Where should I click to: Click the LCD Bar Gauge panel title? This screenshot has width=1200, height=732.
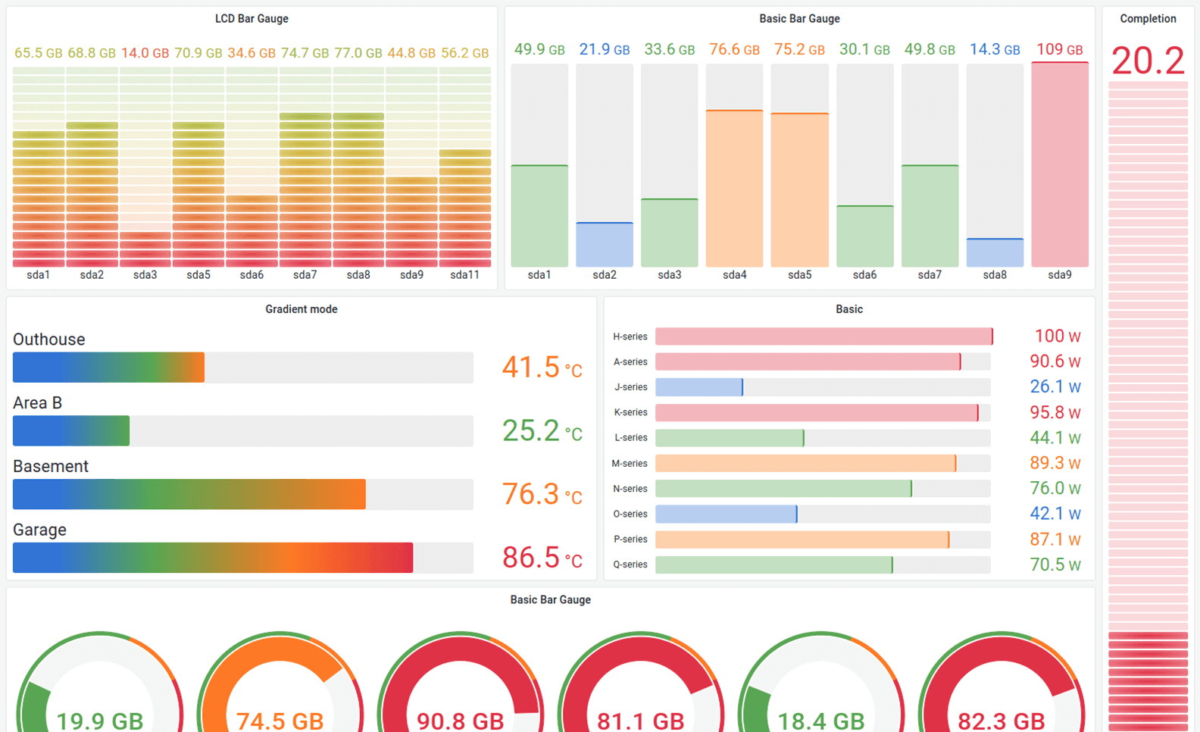(252, 19)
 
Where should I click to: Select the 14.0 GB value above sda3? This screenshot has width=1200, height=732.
(145, 53)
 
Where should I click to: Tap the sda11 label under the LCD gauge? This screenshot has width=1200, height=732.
(464, 275)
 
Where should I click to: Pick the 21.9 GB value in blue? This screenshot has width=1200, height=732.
(604, 50)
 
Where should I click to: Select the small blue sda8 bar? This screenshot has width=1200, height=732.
(995, 253)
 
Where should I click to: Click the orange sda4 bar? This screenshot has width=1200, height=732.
(734, 189)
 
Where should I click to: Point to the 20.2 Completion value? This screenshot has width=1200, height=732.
(1147, 61)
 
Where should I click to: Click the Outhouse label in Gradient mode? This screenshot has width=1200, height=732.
(49, 339)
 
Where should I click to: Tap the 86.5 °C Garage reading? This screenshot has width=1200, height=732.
(542, 558)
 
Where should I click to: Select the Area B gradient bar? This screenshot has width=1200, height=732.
(71, 431)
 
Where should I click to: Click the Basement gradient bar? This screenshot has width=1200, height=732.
(189, 494)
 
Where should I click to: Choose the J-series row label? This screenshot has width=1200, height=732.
(630, 387)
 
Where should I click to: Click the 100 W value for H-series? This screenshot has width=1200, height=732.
(1057, 336)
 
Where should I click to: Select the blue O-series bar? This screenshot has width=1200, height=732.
(726, 514)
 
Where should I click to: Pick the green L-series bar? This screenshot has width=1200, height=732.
(729, 438)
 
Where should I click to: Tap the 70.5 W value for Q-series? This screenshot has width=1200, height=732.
(1055, 565)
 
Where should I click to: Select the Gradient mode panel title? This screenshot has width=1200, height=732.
(301, 309)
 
